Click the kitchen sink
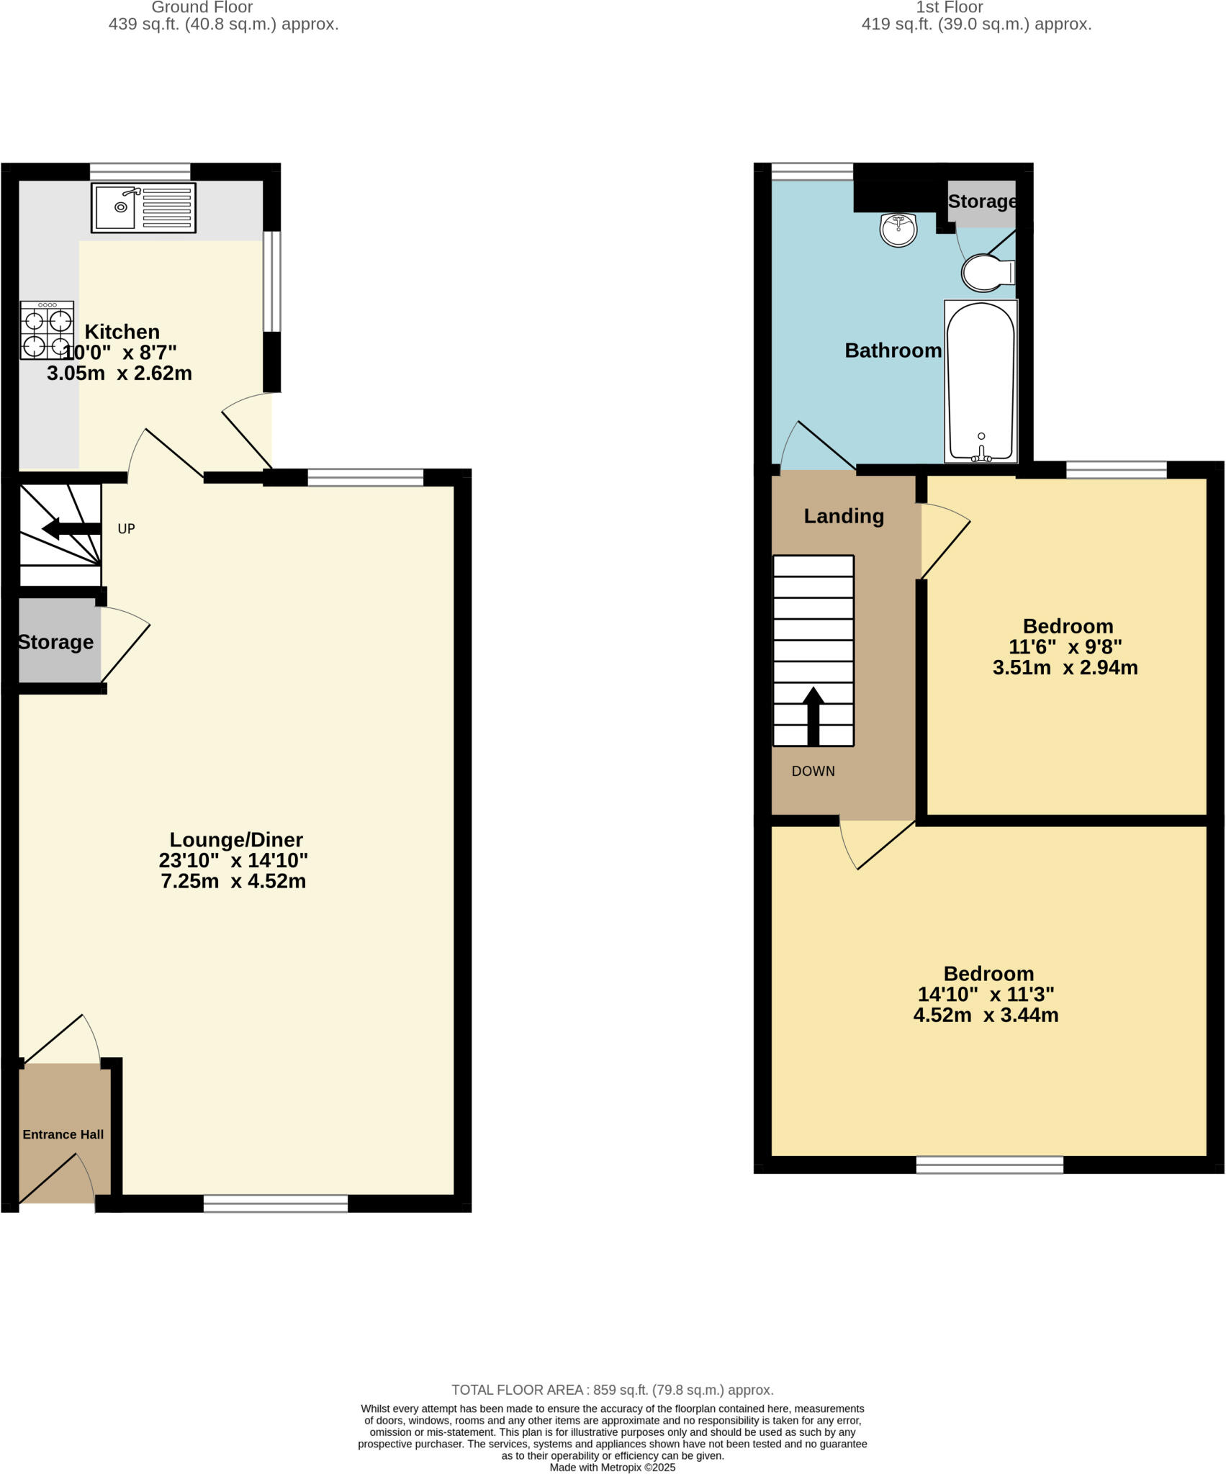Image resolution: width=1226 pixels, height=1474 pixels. [143, 208]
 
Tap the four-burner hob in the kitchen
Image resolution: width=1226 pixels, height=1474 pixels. [47, 330]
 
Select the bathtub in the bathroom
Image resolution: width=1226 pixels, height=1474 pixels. [981, 381]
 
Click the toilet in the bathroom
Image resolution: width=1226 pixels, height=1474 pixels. [987, 273]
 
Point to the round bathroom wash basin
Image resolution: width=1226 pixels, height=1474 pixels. [898, 230]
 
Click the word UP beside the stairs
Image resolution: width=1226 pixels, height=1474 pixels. [126, 529]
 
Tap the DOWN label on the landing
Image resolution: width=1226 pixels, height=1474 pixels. [813, 771]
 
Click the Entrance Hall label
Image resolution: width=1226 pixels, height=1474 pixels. [63, 1134]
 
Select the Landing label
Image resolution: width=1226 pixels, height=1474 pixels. [844, 516]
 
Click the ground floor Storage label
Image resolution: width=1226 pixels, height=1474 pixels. [55, 642]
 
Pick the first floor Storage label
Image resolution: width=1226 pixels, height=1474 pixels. [982, 202]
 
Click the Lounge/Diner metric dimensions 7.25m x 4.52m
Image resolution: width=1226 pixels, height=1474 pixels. [233, 881]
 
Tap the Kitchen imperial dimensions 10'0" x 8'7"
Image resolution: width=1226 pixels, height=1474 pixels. [120, 353]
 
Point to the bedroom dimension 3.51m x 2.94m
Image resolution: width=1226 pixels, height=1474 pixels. [1065, 667]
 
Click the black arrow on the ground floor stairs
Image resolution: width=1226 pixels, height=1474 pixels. [71, 530]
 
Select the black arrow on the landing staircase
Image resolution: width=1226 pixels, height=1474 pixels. [813, 715]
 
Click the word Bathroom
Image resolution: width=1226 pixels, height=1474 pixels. [893, 351]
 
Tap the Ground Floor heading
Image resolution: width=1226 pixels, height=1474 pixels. [202, 8]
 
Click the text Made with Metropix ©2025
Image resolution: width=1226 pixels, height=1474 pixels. [613, 1467]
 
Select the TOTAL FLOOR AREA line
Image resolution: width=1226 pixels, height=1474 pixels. [612, 1390]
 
